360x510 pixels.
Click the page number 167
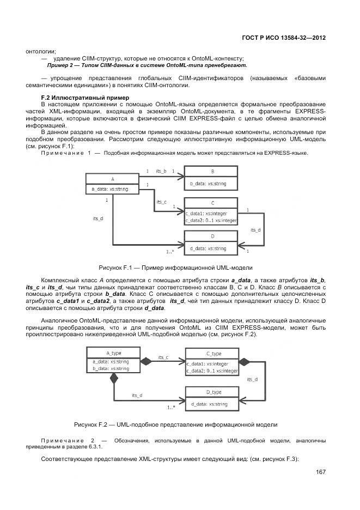click(x=320, y=472)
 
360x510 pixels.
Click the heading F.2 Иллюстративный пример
click(x=74, y=97)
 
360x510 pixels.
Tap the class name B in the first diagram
click(x=212, y=171)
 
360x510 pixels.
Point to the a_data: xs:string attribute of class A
click(x=113, y=189)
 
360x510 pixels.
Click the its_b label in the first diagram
click(x=161, y=171)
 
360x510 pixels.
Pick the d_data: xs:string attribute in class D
click(x=208, y=248)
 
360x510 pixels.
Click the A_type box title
click(x=113, y=353)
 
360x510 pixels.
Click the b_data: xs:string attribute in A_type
click(x=111, y=368)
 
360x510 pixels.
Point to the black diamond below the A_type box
click(x=114, y=378)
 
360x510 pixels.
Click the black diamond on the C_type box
click(x=245, y=361)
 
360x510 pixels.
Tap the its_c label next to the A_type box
click(x=163, y=357)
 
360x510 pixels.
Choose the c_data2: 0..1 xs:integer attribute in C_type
click(x=211, y=371)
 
